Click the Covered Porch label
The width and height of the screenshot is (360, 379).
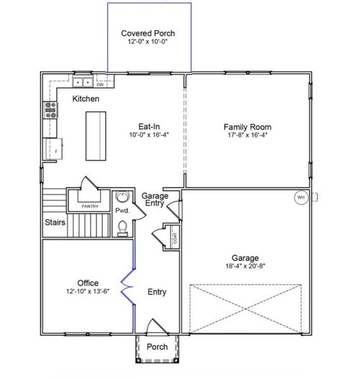click(x=148, y=33)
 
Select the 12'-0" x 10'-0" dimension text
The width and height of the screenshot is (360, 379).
click(x=148, y=42)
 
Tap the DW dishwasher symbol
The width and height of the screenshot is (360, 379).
click(x=100, y=84)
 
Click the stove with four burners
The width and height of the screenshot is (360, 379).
click(x=51, y=109)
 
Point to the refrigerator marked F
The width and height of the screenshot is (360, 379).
click(x=54, y=151)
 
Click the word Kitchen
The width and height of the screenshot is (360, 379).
click(x=86, y=99)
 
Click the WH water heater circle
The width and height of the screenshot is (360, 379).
click(x=301, y=196)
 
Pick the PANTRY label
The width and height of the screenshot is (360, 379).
click(x=89, y=206)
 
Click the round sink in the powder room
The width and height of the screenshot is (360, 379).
click(x=122, y=198)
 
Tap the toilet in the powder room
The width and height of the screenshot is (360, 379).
click(x=122, y=228)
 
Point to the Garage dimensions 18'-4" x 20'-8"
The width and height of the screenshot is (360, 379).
click(x=246, y=267)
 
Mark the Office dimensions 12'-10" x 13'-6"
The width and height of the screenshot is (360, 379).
click(x=88, y=292)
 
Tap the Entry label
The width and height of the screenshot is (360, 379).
click(x=157, y=292)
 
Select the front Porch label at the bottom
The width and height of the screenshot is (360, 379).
click(x=157, y=347)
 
